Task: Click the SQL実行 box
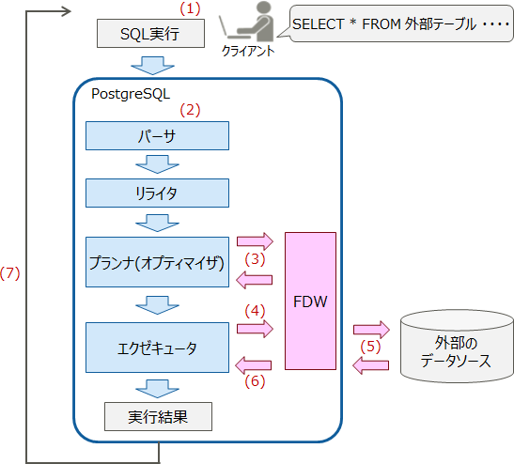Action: click(150, 35)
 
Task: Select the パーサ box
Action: click(157, 136)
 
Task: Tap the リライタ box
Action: click(157, 193)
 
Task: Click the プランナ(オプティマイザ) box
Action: click(157, 263)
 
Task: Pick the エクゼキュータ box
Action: click(157, 348)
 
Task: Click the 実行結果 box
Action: click(157, 415)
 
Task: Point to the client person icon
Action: click(247, 23)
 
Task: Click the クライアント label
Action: click(248, 51)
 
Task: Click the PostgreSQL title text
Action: click(130, 93)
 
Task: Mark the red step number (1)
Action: click(191, 8)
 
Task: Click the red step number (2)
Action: click(191, 109)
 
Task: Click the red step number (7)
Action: click(9, 273)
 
